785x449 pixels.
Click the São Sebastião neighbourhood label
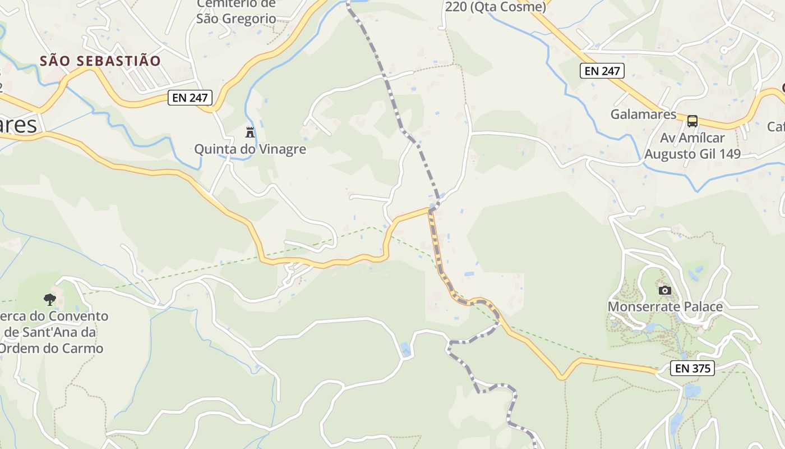(x=100, y=61)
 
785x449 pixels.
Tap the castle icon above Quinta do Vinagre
(x=250, y=132)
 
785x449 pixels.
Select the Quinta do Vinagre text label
(x=250, y=149)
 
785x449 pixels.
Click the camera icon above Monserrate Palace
(x=665, y=290)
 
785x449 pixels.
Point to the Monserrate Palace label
(x=665, y=307)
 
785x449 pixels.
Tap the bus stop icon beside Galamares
(x=692, y=121)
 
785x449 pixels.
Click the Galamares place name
(x=643, y=114)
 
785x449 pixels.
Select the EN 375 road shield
(x=692, y=369)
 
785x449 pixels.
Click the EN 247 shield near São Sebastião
(x=191, y=98)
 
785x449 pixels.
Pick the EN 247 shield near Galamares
(x=602, y=71)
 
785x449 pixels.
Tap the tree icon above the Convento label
(x=50, y=299)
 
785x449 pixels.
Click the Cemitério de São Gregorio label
(x=236, y=11)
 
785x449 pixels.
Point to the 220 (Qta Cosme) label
(x=495, y=7)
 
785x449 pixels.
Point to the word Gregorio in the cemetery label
(x=250, y=19)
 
